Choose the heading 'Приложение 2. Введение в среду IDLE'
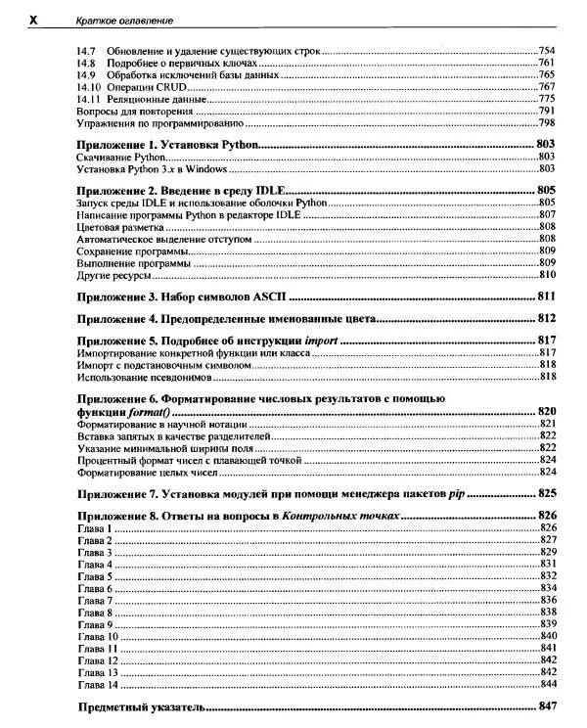[x=180, y=190]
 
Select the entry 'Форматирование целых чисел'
[x=142, y=472]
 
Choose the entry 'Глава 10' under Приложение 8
[x=96, y=637]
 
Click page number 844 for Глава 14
[x=547, y=685]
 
